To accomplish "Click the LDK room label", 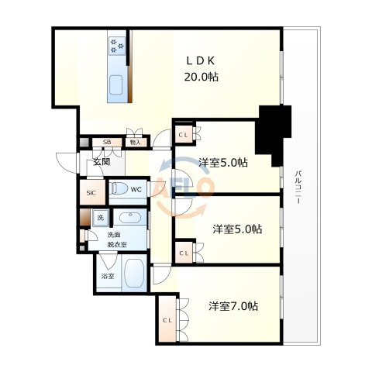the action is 201,61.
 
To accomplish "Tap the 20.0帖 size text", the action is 201,77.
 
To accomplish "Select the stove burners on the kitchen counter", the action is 117,46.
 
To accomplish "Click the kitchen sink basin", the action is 115,85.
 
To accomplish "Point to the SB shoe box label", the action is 107,142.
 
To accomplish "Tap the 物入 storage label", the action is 135,142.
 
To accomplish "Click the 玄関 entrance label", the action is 102,162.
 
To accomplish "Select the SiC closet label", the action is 91,193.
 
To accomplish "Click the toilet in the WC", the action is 119,188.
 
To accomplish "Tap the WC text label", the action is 136,190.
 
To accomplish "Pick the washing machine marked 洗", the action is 101,218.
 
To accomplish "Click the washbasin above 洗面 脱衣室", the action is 130,217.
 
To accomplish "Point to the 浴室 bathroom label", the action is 108,276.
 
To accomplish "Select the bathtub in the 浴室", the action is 134,273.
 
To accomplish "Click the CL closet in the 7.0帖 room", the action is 167,320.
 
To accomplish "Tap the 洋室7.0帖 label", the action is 233,306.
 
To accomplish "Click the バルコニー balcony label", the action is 298,188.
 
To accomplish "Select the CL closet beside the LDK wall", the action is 184,135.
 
